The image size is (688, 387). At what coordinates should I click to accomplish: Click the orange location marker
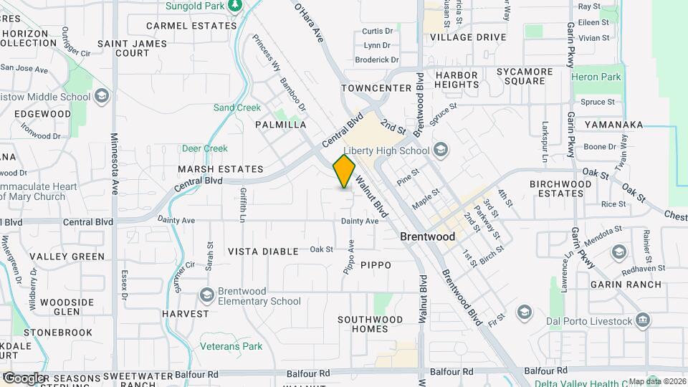pos(345,171)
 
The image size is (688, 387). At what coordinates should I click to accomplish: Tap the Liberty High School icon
pos(441,150)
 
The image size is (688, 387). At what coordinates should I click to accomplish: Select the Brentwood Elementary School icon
pos(207,295)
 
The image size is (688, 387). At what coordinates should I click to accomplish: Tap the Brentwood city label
pos(427,236)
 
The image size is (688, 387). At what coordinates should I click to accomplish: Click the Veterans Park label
pos(233,347)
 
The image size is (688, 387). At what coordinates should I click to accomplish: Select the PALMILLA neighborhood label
pos(281,125)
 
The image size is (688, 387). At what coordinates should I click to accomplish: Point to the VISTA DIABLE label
pos(263,252)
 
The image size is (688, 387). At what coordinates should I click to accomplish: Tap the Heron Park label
pos(596,76)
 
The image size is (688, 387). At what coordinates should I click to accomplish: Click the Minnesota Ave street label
pos(115,164)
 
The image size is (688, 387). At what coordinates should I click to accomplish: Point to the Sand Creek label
pos(237,107)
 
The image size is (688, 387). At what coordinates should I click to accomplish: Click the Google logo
pos(24,378)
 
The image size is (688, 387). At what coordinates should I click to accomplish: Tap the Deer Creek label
pos(205,148)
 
